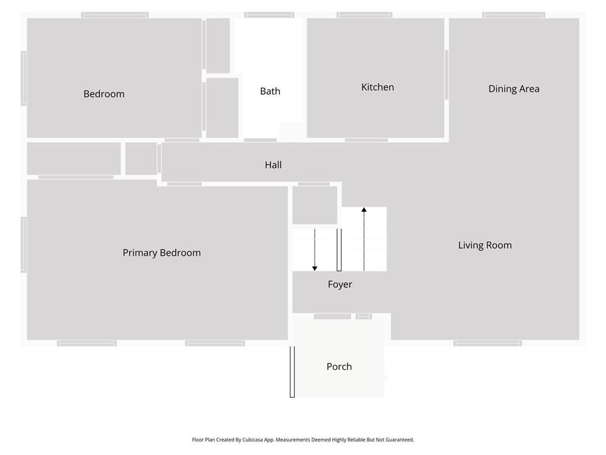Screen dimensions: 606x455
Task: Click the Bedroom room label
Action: [104, 94]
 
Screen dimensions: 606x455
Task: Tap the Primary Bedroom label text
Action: [162, 252]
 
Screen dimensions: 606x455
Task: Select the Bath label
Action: [270, 91]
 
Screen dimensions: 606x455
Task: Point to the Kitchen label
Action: [378, 88]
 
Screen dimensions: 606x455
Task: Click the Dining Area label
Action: [514, 89]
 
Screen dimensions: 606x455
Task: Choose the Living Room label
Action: [485, 245]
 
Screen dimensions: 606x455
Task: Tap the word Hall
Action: [273, 165]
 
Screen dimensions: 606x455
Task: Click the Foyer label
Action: [340, 284]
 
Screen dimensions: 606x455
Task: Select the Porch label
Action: [339, 366]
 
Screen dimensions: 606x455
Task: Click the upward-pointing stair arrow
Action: [364, 239]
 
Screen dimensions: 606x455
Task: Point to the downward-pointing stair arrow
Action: [315, 250]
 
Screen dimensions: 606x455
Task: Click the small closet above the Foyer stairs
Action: [315, 205]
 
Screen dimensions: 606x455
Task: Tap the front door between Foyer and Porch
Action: [333, 316]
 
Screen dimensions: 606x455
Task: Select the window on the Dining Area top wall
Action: [514, 15]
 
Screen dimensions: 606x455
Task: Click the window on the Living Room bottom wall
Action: [488, 343]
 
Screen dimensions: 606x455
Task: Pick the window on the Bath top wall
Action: [269, 15]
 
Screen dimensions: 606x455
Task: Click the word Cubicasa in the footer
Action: [253, 440]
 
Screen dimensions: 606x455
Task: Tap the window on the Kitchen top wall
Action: [365, 15]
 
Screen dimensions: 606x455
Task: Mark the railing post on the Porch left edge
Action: [292, 372]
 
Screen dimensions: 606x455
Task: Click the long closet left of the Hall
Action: [74, 159]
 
